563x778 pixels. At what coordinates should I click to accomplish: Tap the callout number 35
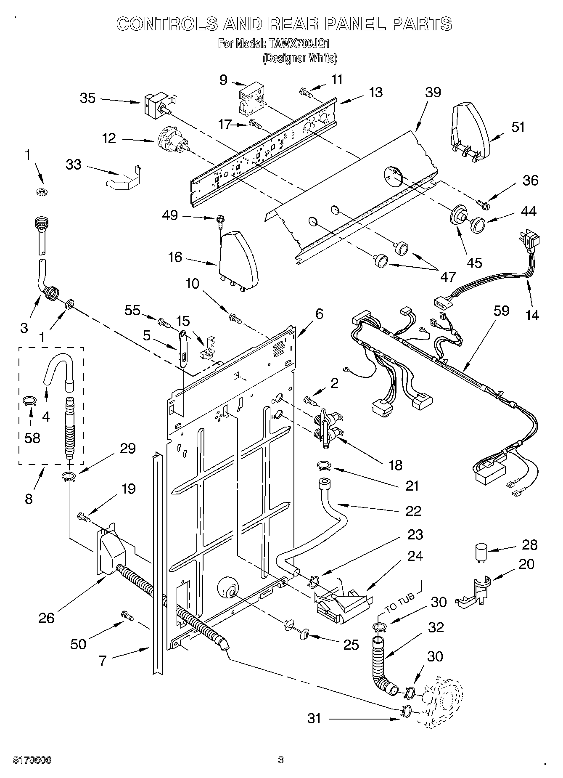click(x=87, y=98)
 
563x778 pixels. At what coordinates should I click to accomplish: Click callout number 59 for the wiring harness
click(x=501, y=311)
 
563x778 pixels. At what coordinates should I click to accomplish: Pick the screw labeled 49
click(x=219, y=220)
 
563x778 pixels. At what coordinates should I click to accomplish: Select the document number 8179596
click(x=26, y=759)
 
